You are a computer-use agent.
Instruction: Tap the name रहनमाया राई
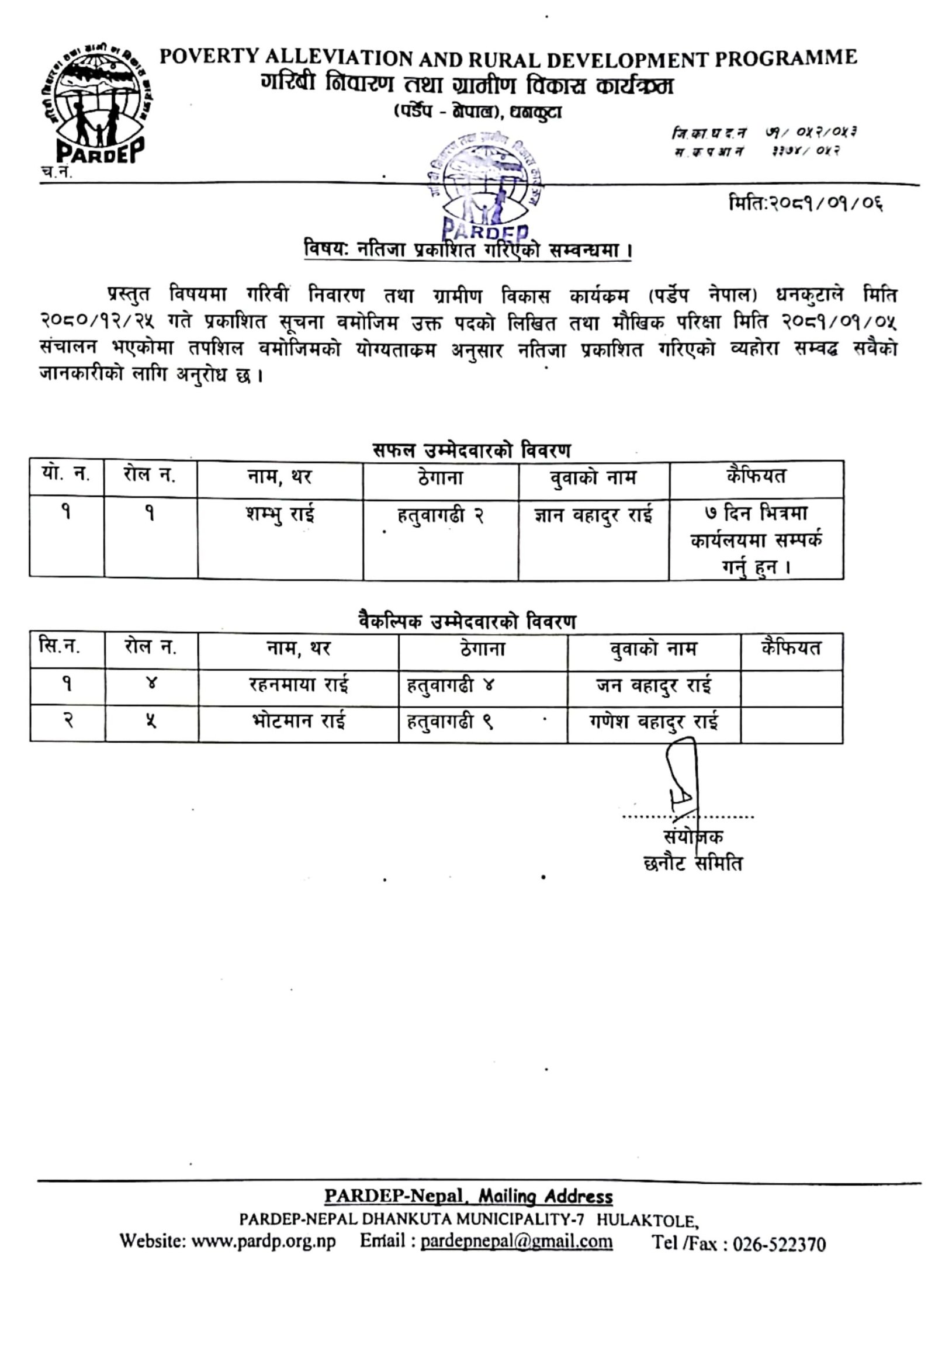pos(298,684)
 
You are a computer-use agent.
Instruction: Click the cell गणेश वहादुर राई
pos(653,721)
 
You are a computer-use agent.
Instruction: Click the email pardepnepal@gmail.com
pos(516,1240)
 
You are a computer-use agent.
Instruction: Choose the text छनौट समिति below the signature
pos(692,864)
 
